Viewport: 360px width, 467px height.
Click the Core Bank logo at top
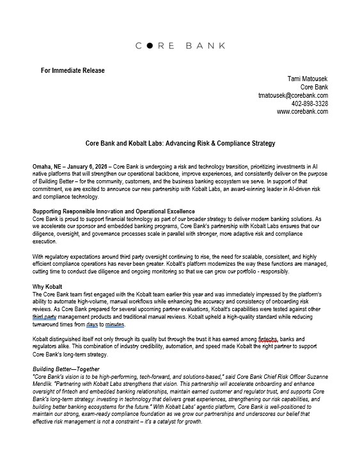tap(180, 46)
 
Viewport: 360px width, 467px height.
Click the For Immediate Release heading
tap(72, 70)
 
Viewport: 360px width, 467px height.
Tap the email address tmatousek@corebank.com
tap(293, 95)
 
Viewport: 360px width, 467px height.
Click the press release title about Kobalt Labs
tap(180, 145)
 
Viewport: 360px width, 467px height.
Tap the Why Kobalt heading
tap(49, 286)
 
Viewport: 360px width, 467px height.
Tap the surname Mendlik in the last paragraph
tap(44, 385)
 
